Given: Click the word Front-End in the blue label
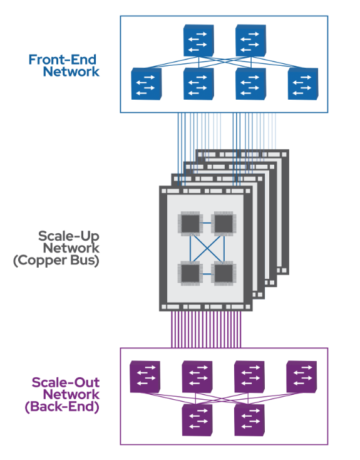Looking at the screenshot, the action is pyautogui.click(x=63, y=60).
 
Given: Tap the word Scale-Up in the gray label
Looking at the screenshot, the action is pyautogui.click(x=69, y=236).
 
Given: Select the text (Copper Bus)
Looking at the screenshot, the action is pyautogui.click(x=56, y=261).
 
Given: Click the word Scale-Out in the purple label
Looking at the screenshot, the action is pyautogui.click(x=66, y=382).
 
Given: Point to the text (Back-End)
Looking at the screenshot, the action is pyautogui.click(x=62, y=407).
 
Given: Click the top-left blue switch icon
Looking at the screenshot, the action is pyautogui.click(x=198, y=41).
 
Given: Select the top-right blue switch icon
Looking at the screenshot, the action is pyautogui.click(x=251, y=41).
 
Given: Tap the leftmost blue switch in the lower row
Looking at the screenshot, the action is pyautogui.click(x=147, y=84).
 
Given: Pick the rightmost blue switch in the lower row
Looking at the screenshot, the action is pyautogui.click(x=303, y=84).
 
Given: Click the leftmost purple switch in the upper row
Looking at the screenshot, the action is pyautogui.click(x=145, y=377).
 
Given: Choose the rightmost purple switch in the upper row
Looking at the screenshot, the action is pyautogui.click(x=302, y=377).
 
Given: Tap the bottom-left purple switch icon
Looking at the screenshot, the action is pyautogui.click(x=197, y=420).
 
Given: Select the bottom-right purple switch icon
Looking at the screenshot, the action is pyautogui.click(x=249, y=420).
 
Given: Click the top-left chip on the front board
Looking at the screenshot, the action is pyautogui.click(x=190, y=224).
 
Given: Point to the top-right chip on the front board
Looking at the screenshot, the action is pyautogui.click(x=224, y=224).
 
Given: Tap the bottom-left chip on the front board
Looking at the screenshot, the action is pyautogui.click(x=190, y=274).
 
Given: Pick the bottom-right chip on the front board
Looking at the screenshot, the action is pyautogui.click(x=224, y=274).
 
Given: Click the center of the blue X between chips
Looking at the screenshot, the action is pyautogui.click(x=207, y=249).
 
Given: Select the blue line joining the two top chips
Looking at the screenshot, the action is pyautogui.click(x=207, y=223).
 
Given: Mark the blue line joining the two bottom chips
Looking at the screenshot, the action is pyautogui.click(x=207, y=274).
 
